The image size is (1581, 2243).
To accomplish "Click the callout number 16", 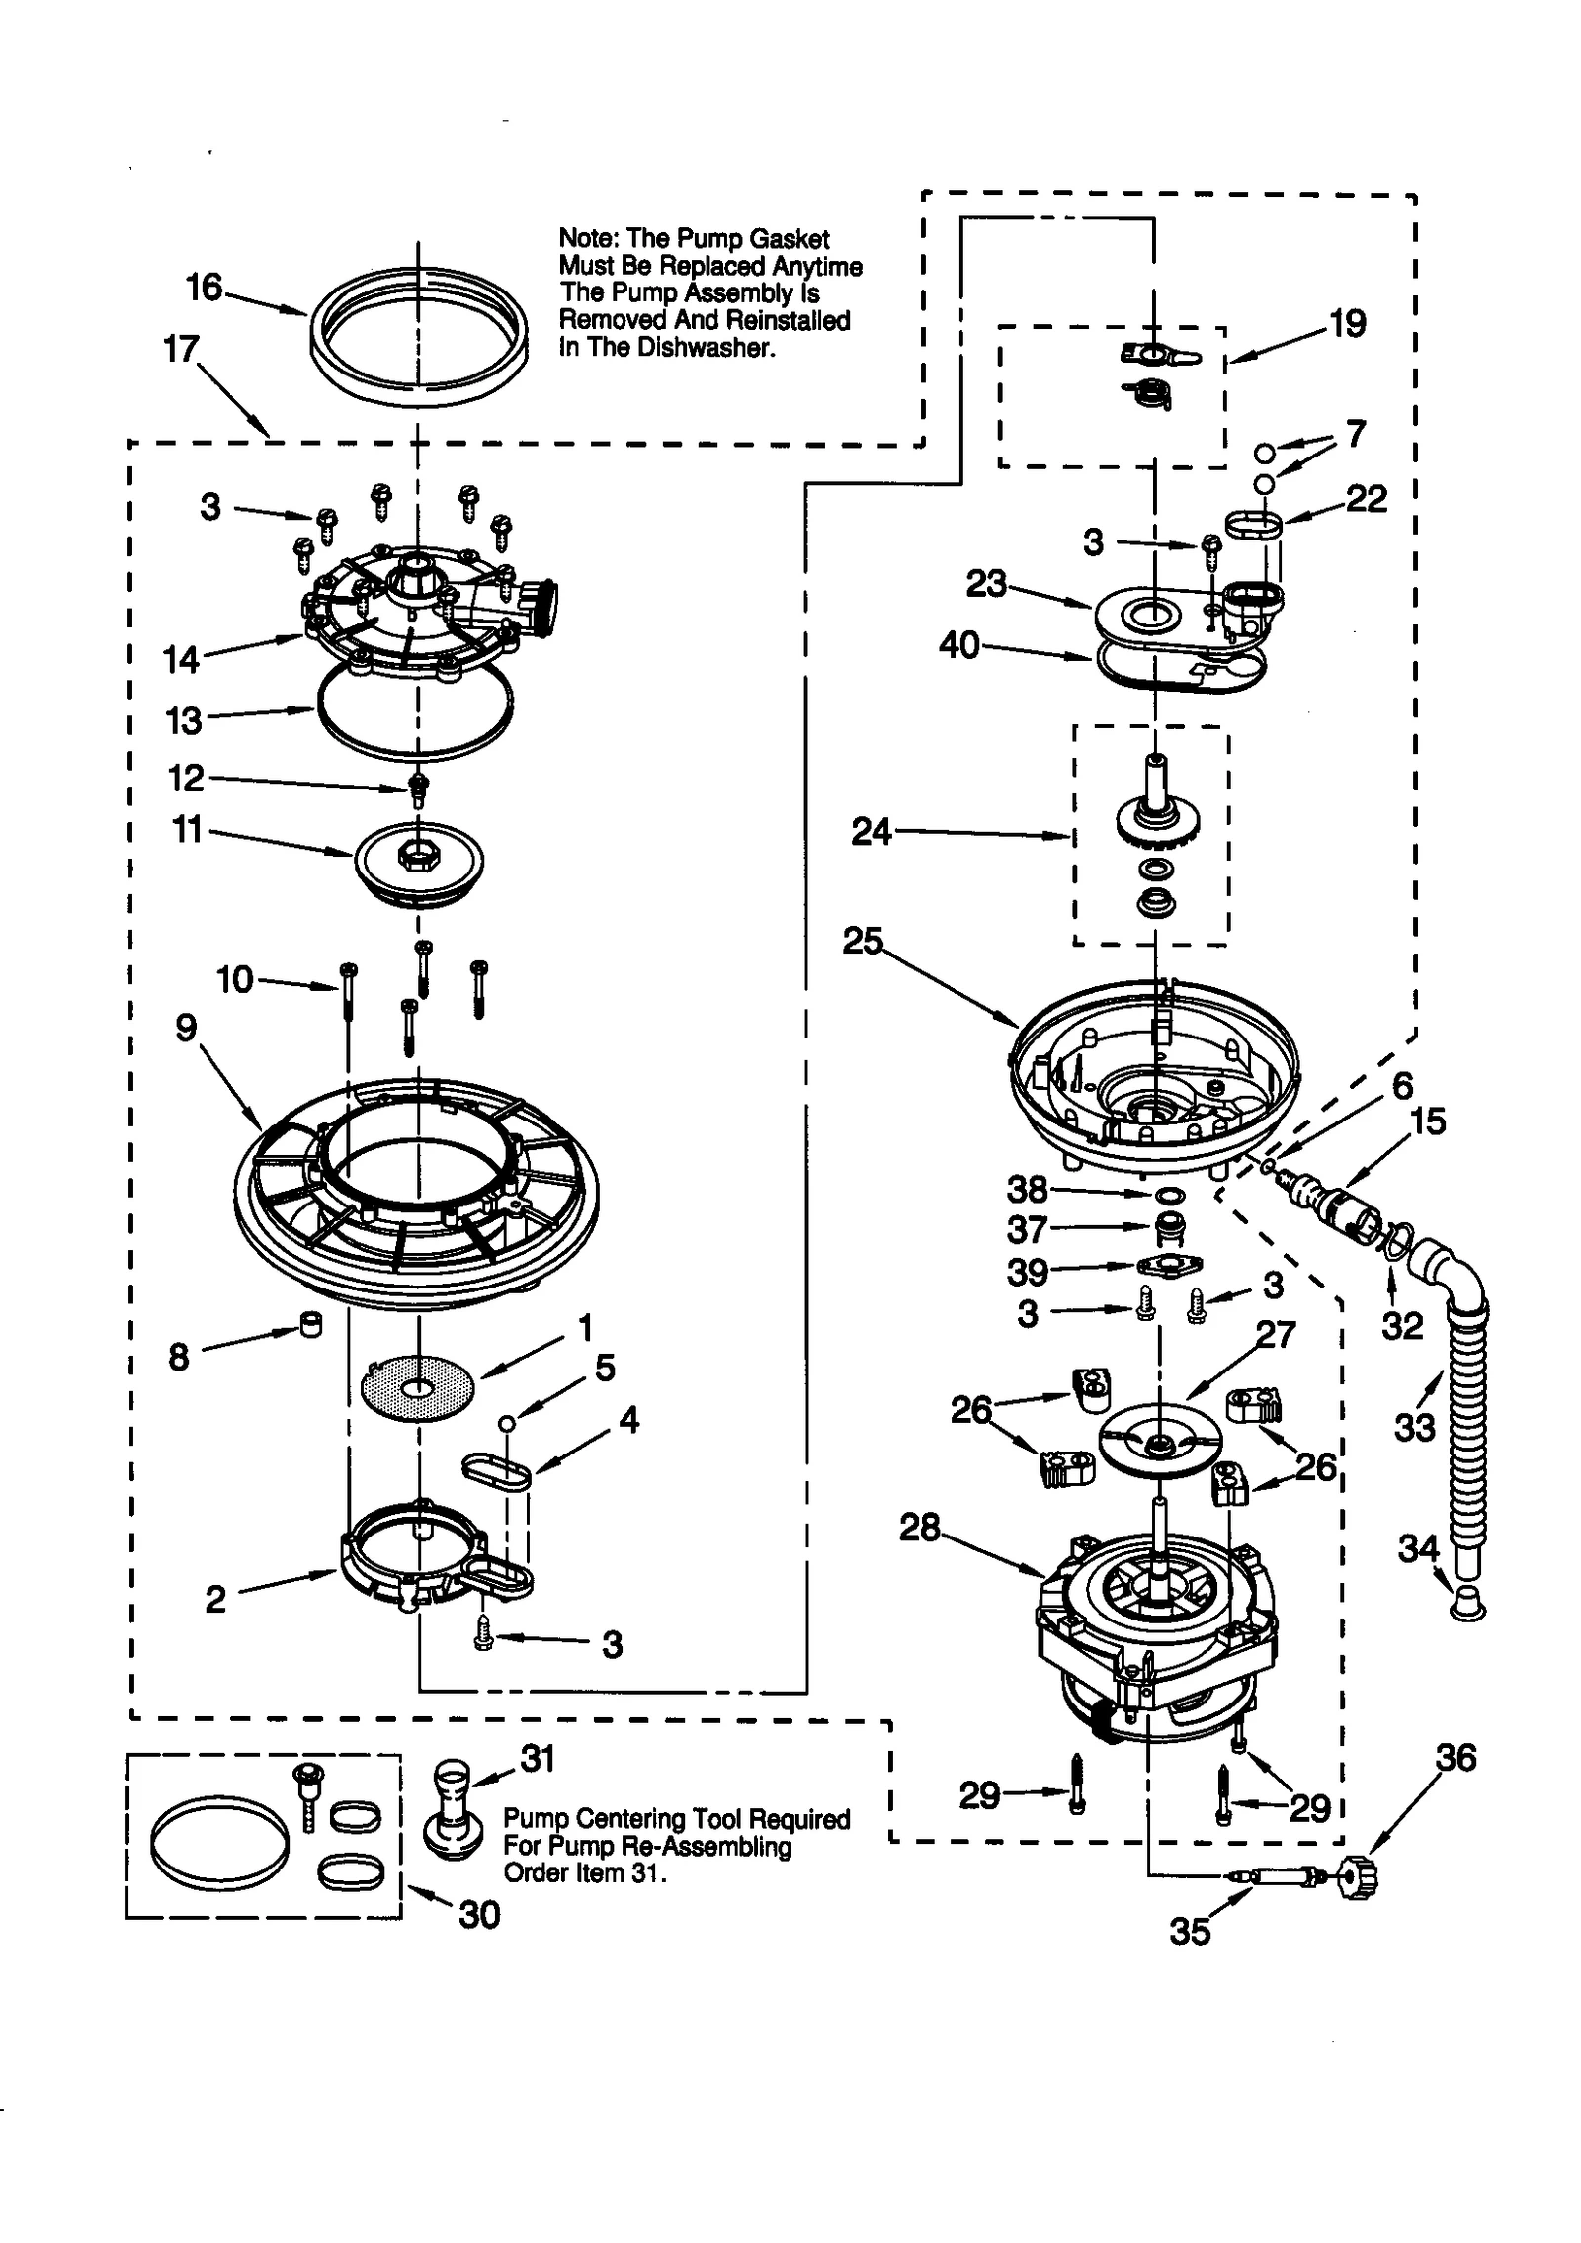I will [205, 288].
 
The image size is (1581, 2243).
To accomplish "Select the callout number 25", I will [862, 941].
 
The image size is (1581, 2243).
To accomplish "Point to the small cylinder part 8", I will [310, 1324].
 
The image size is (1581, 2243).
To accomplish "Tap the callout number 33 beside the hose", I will [1413, 1426].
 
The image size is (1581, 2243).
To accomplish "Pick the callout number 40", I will [958, 645].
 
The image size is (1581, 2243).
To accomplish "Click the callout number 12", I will [186, 779].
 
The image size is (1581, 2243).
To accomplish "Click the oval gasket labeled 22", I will [1253, 524].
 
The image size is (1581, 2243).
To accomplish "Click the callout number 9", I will [186, 1029].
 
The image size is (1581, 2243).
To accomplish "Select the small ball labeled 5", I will [506, 1423].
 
